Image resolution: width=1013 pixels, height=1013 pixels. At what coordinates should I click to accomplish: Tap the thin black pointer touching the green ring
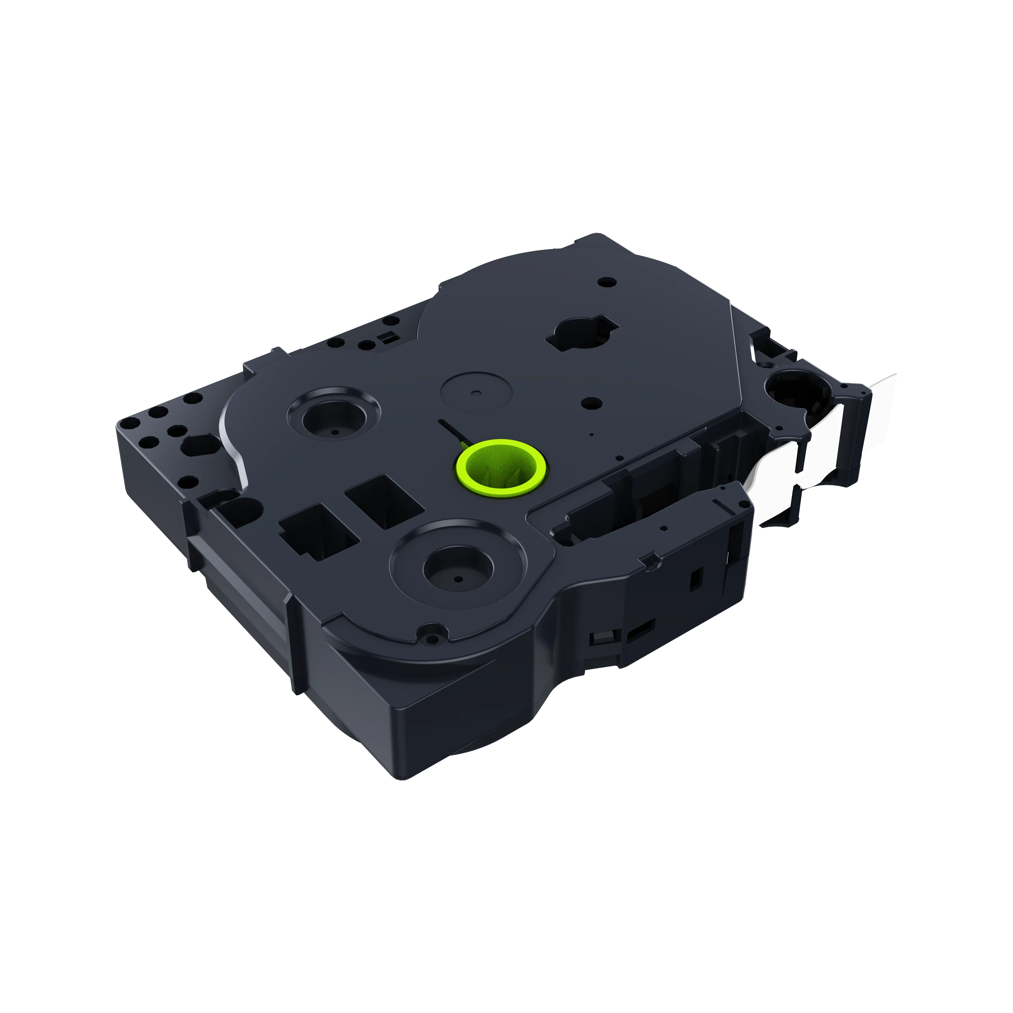(452, 430)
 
